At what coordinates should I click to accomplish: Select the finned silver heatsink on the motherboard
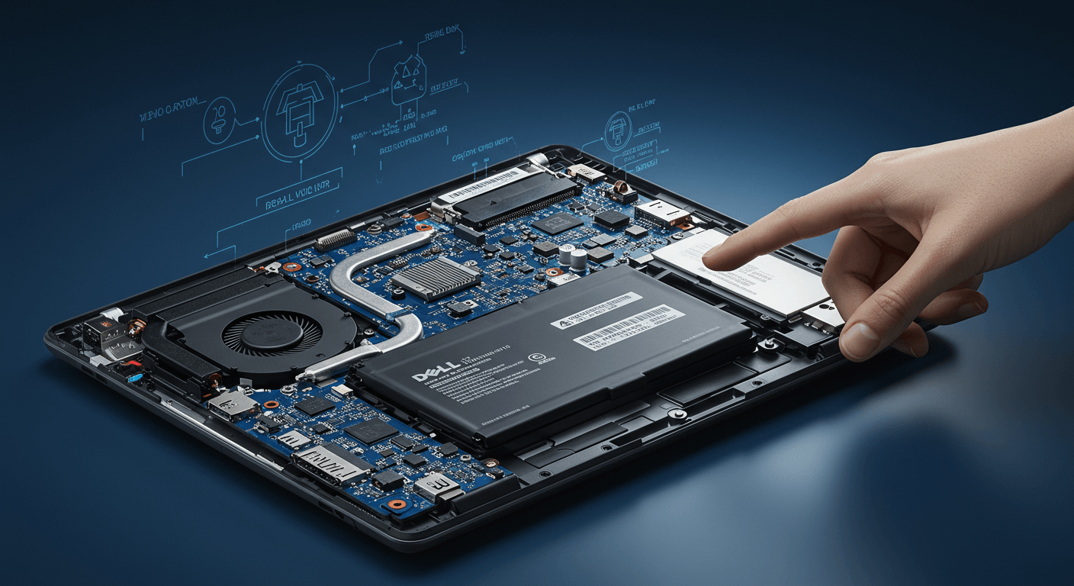pyautogui.click(x=436, y=278)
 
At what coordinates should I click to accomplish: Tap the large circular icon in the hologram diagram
pyautogui.click(x=300, y=112)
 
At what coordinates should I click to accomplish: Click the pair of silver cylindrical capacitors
pyautogui.click(x=573, y=256)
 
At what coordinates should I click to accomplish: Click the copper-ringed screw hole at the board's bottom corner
pyautogui.click(x=397, y=504)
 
